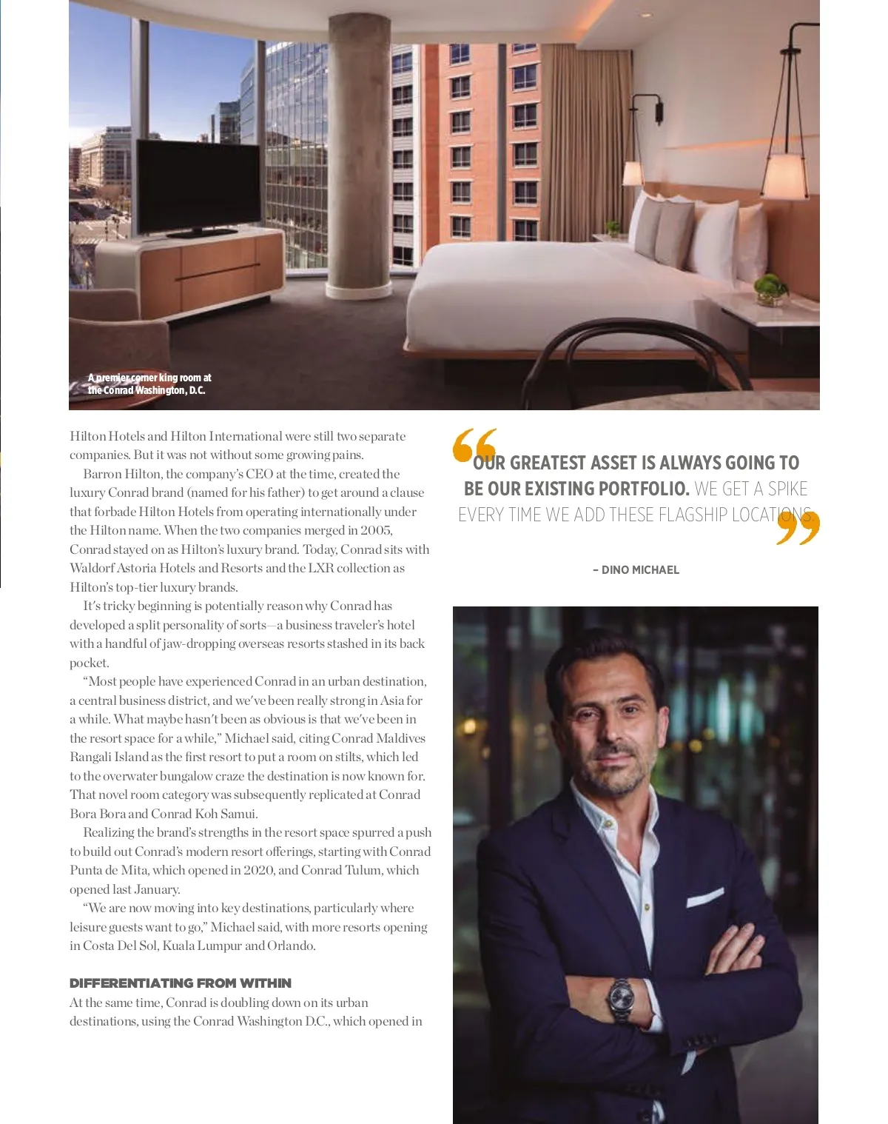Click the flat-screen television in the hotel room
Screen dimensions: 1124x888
[197, 186]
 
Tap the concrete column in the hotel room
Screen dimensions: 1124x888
[359, 148]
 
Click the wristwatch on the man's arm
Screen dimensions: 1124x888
[621, 997]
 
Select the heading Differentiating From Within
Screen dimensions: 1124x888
[181, 983]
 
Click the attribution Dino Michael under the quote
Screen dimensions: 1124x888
[636, 569]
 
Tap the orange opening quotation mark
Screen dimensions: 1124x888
[474, 445]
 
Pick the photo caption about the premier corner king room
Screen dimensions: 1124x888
[149, 384]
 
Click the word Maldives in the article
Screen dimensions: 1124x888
[400, 738]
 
